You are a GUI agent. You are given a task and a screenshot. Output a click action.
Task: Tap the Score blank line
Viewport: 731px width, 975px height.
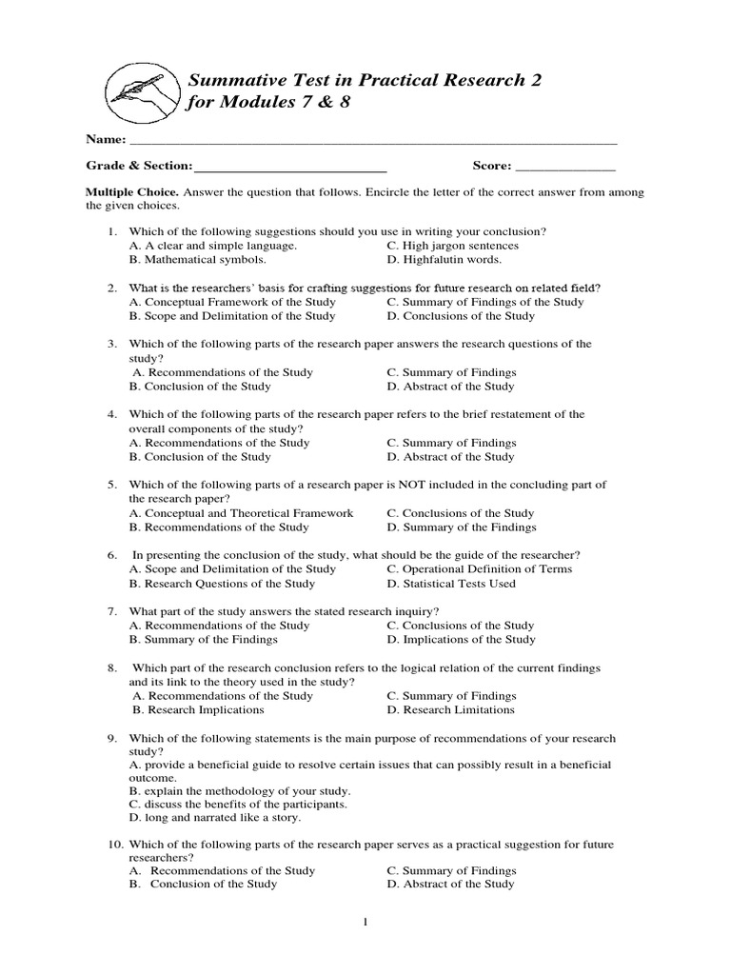coord(565,168)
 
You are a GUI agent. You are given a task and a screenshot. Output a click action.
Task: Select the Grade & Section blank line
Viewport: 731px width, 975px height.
coord(289,168)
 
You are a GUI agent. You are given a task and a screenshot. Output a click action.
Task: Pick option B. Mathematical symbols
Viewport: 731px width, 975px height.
coord(198,259)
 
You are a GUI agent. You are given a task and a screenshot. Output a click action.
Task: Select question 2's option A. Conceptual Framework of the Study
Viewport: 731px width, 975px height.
coord(232,302)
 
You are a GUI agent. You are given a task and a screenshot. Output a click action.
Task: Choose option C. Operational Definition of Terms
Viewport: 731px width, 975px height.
coord(480,569)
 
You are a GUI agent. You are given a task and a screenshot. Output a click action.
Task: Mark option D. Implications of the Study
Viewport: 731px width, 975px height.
coord(462,640)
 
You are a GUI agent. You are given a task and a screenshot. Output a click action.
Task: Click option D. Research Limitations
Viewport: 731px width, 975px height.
coord(451,709)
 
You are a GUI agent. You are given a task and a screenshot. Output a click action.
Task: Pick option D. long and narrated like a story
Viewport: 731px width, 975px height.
coord(215,818)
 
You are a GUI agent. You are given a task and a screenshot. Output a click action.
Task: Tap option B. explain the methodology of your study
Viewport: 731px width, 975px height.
coord(240,791)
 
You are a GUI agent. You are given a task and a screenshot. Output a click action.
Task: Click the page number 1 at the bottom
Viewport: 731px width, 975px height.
coord(365,923)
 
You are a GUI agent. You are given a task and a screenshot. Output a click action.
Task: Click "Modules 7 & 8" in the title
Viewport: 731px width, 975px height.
coord(286,103)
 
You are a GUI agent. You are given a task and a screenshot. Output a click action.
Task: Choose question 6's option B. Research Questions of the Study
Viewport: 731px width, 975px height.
coord(222,584)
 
